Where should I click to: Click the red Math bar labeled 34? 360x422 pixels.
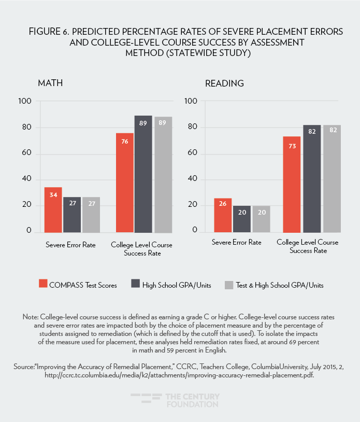[x=53, y=209]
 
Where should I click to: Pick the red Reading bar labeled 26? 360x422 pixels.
[x=223, y=215]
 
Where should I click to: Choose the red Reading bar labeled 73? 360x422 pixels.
[x=292, y=184]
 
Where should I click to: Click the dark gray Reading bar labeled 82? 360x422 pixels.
[x=312, y=178]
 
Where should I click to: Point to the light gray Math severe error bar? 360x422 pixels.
[x=91, y=214]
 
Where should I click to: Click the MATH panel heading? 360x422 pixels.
[x=51, y=83]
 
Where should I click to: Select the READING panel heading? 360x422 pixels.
[x=224, y=83]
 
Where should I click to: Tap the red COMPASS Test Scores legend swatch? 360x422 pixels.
[x=43, y=284]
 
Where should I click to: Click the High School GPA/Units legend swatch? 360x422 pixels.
[x=136, y=284]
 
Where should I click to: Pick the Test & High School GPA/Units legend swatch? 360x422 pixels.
[x=228, y=284]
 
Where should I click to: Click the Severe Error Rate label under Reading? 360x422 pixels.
[x=236, y=242]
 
